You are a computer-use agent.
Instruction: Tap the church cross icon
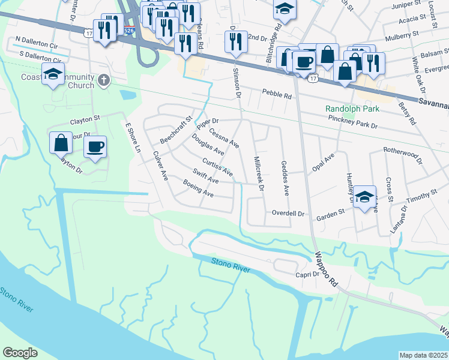click(x=104, y=80)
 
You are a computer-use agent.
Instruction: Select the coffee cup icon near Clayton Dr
click(x=95, y=148)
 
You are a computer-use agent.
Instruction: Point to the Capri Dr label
click(x=307, y=274)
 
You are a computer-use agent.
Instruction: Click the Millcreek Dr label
click(x=259, y=174)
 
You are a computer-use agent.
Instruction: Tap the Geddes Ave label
click(x=285, y=178)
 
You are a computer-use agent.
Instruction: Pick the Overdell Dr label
click(x=289, y=213)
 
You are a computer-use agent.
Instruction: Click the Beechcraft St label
click(x=175, y=130)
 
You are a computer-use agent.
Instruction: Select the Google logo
click(x=20, y=353)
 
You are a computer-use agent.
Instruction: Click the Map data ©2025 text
click(x=423, y=355)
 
